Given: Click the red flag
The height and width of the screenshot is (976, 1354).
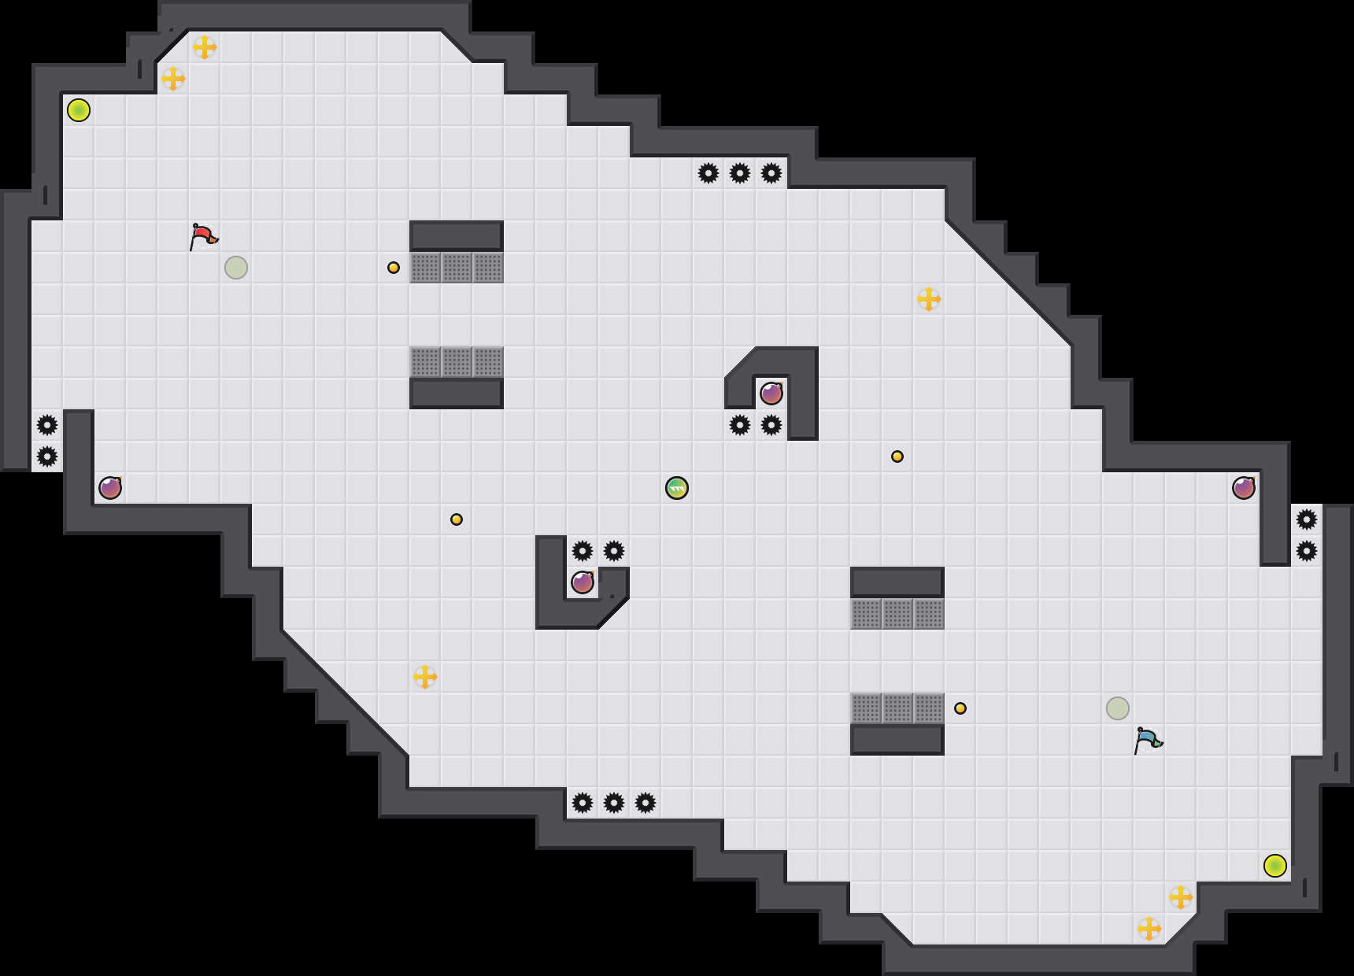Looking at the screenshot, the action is pos(203,235).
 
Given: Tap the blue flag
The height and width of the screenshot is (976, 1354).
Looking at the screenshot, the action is pos(1148,739).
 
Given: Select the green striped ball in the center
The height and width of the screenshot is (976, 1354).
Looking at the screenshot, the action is pos(677,488).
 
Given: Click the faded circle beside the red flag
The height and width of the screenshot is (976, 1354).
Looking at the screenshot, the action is pos(236,268).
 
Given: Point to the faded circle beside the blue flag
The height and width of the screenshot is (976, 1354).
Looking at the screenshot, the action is pos(1118,708).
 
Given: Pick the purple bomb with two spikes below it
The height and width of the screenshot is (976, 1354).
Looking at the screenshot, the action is pos(771,393).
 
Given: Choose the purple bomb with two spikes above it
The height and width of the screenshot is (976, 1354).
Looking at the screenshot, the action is pos(583,582).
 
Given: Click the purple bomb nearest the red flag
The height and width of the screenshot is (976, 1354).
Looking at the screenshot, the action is pos(110,488).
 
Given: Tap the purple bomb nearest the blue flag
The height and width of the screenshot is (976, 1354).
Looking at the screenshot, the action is pos(1244,488).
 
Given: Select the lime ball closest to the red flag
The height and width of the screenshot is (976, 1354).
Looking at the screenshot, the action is pos(79,110).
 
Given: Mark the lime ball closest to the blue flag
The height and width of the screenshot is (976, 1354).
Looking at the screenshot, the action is pos(1275,866).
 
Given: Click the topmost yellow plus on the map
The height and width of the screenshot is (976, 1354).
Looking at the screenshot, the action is pos(205,47).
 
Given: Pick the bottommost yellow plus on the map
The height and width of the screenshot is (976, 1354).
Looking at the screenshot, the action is pos(1149,929).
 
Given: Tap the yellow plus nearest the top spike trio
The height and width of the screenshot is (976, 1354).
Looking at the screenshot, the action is pos(929,299).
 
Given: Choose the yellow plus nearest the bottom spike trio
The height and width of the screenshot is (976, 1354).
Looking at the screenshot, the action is pos(425,677).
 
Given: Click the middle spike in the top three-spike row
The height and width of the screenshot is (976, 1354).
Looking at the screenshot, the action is pos(740,173).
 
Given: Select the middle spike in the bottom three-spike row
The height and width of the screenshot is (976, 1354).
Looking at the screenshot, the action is pos(614,803).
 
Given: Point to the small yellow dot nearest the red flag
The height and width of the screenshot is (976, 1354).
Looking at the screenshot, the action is pos(394,268).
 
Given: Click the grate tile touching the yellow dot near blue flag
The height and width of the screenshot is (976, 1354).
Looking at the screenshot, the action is pos(929,708).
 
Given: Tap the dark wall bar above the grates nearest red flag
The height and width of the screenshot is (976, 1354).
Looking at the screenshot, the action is pos(457,235).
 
